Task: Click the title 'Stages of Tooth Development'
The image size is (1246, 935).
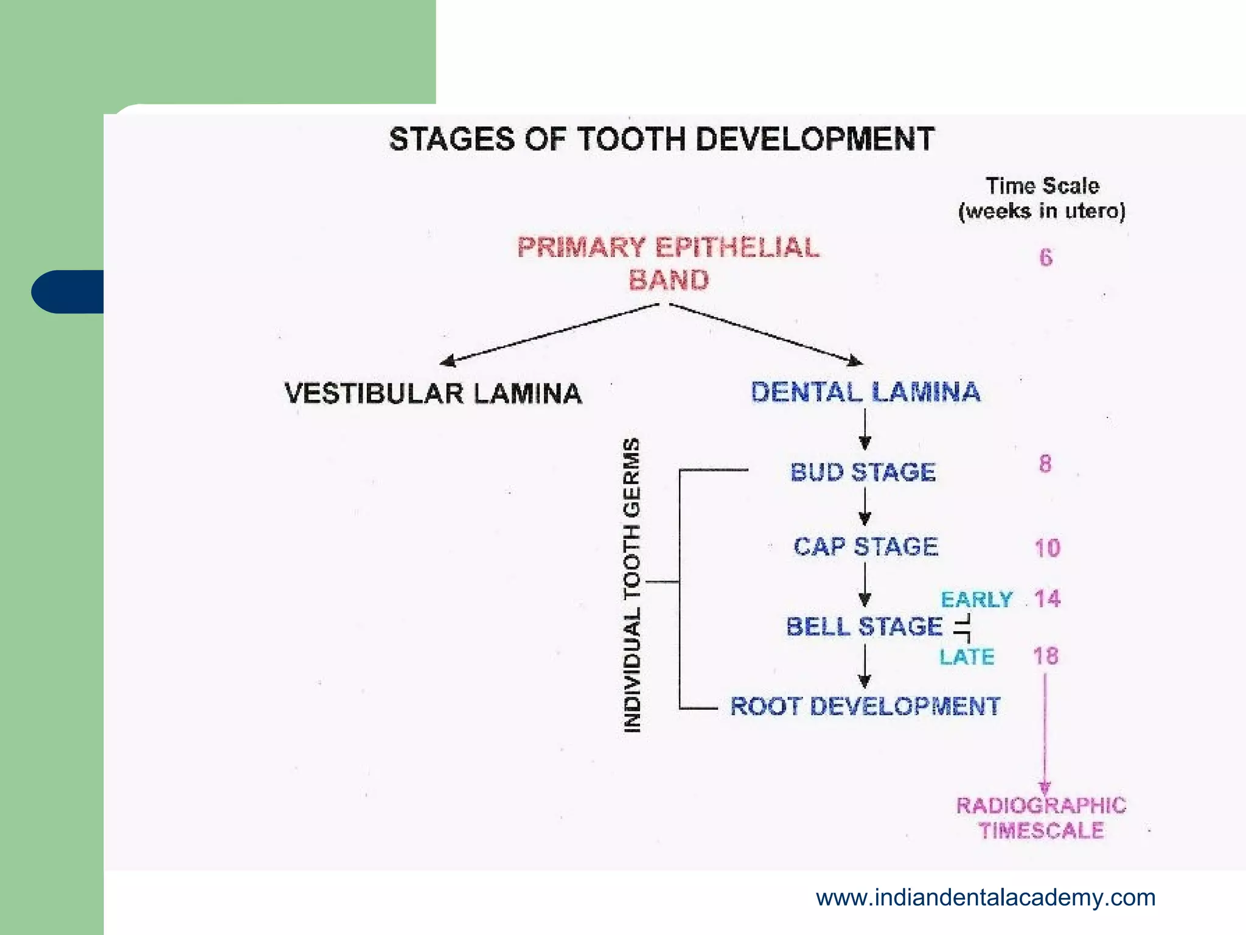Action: coord(661,139)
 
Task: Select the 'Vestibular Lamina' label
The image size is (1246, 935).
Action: coord(433,393)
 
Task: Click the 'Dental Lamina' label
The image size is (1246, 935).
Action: coord(865,392)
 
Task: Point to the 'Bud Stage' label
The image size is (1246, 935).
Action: coord(863,472)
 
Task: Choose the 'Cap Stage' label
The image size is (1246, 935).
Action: coord(866,547)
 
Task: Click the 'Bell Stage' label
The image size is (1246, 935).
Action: coord(864,626)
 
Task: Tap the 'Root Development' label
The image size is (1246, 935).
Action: coord(865,707)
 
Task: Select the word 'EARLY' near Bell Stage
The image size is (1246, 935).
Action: coord(976,600)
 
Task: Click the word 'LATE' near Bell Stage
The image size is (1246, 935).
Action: coord(967,657)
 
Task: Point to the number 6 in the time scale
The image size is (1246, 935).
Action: coord(1045,257)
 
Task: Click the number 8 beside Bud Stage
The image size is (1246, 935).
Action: coord(1045,464)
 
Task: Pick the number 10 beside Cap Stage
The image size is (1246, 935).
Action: coord(1047,548)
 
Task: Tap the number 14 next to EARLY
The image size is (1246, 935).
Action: coord(1047,599)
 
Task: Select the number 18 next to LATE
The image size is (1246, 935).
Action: coord(1046,656)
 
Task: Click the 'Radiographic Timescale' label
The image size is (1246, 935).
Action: coord(1041,818)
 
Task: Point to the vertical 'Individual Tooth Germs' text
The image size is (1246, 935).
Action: coord(632,584)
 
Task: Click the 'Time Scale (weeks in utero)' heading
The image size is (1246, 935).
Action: coord(1042,198)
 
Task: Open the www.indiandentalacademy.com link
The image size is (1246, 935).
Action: coord(985,897)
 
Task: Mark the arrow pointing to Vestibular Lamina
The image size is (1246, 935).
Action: coord(548,334)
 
